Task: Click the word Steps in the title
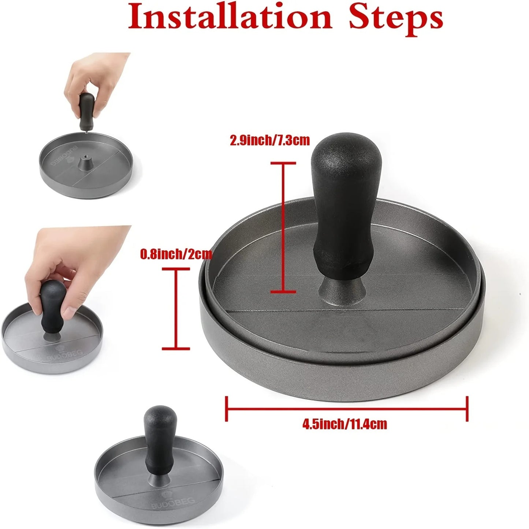[x=396, y=19]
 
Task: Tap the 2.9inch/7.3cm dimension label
[x=270, y=141]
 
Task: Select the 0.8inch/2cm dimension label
[x=176, y=254]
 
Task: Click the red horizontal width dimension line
[x=347, y=409]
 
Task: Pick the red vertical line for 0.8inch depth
[x=176, y=309]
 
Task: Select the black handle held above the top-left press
[x=86, y=111]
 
